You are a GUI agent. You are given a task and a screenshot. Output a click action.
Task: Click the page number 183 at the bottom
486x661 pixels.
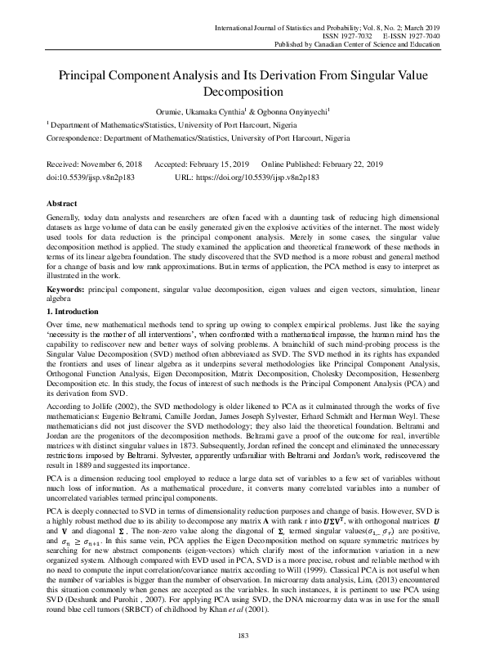click(x=243, y=636)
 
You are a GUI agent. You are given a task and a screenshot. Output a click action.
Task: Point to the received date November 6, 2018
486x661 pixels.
click(x=105, y=164)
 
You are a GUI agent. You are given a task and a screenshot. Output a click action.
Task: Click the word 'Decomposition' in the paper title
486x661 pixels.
click(x=243, y=92)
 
